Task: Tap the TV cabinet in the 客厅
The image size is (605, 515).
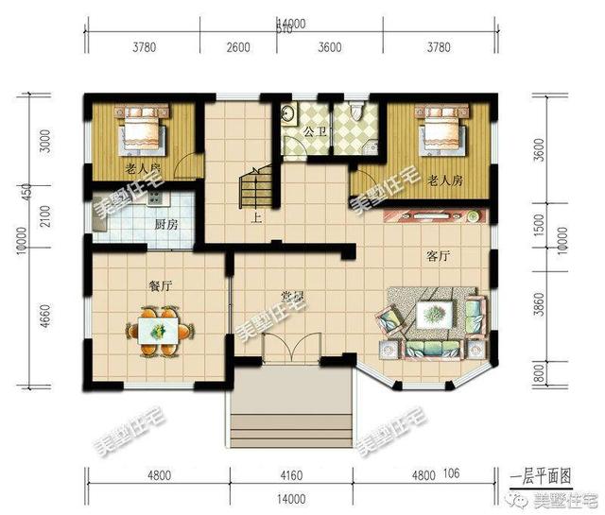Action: coord(434,215)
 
